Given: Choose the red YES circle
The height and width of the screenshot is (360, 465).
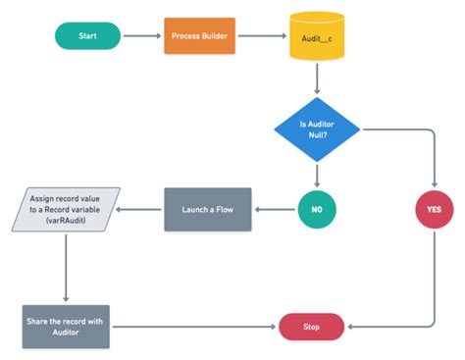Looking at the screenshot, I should click(x=433, y=210).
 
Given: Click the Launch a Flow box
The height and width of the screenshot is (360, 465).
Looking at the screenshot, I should click(x=207, y=208).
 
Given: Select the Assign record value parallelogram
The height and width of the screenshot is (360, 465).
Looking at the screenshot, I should click(x=66, y=209).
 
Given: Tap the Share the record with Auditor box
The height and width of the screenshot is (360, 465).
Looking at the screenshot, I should click(x=66, y=326).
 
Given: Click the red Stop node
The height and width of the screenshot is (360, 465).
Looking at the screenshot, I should click(x=312, y=327).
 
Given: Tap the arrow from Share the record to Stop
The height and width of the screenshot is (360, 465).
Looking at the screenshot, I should click(x=192, y=327).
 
